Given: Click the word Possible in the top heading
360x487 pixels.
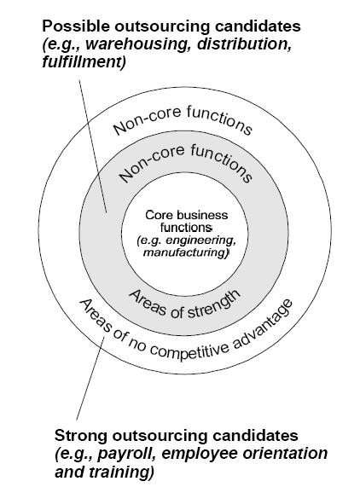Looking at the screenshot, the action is [x=76, y=26].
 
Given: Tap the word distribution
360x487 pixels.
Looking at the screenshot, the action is [x=244, y=44].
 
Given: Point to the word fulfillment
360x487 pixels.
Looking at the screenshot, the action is [x=84, y=61].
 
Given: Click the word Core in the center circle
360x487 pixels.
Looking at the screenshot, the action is [x=157, y=215].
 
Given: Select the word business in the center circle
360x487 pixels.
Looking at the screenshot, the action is [x=199, y=215].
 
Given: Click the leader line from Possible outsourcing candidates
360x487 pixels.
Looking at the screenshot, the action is [x=93, y=147].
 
